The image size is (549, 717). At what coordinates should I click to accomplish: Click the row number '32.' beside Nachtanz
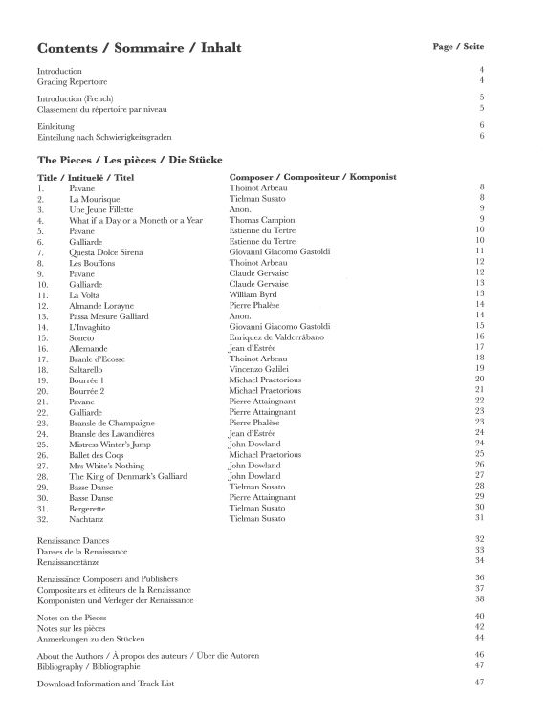pyautogui.click(x=43, y=518)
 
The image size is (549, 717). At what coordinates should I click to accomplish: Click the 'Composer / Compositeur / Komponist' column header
pyautogui.click(x=313, y=177)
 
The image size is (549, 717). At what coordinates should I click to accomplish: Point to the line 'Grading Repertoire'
pyautogui.click(x=71, y=81)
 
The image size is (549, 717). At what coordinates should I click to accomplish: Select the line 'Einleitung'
pyautogui.click(x=55, y=126)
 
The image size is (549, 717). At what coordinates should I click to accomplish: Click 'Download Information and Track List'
pyautogui.click(x=119, y=684)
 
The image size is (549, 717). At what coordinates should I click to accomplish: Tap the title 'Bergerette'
pyautogui.click(x=89, y=508)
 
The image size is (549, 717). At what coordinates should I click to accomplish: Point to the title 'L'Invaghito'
pyautogui.click(x=90, y=326)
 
